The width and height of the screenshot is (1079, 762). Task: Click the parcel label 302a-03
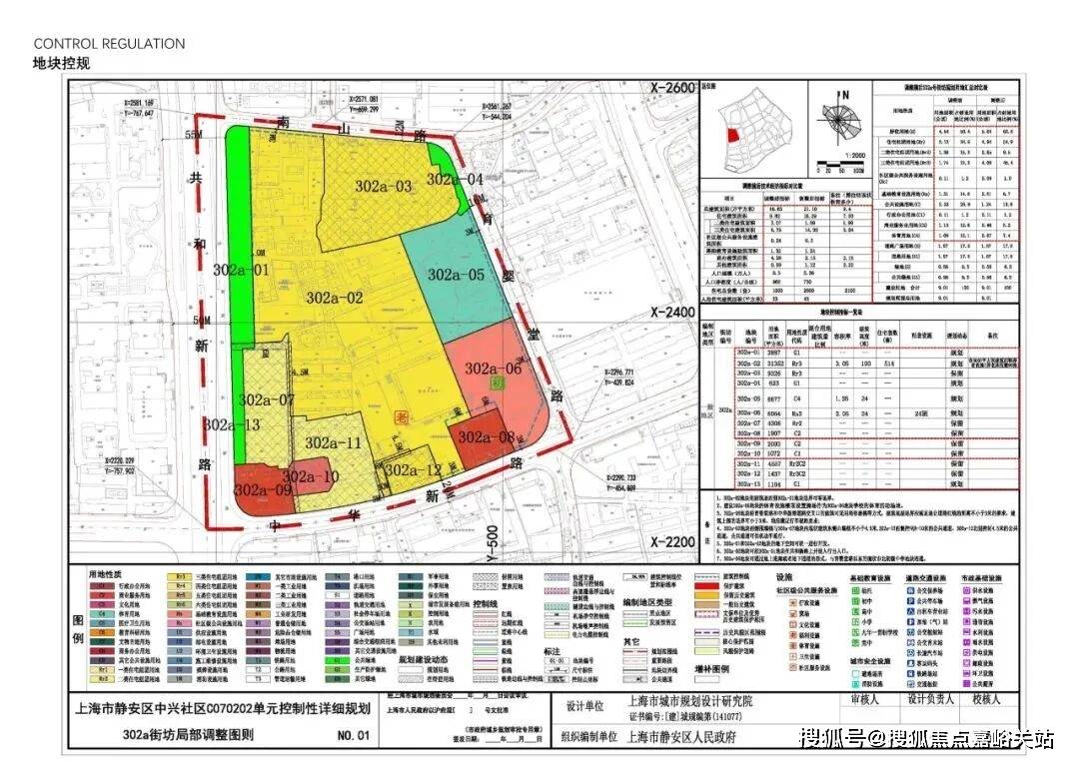coord(383,186)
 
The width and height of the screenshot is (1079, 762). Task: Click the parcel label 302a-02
coord(334,298)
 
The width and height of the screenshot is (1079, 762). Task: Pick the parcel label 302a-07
coord(266,399)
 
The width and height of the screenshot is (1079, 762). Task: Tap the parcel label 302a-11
coord(333,442)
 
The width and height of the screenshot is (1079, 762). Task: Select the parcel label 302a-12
coord(413,470)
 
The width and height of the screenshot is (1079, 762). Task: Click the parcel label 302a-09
coord(263,490)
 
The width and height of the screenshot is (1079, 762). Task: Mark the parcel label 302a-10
coord(311,476)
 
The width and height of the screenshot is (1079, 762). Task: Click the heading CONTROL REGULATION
coord(109,44)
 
